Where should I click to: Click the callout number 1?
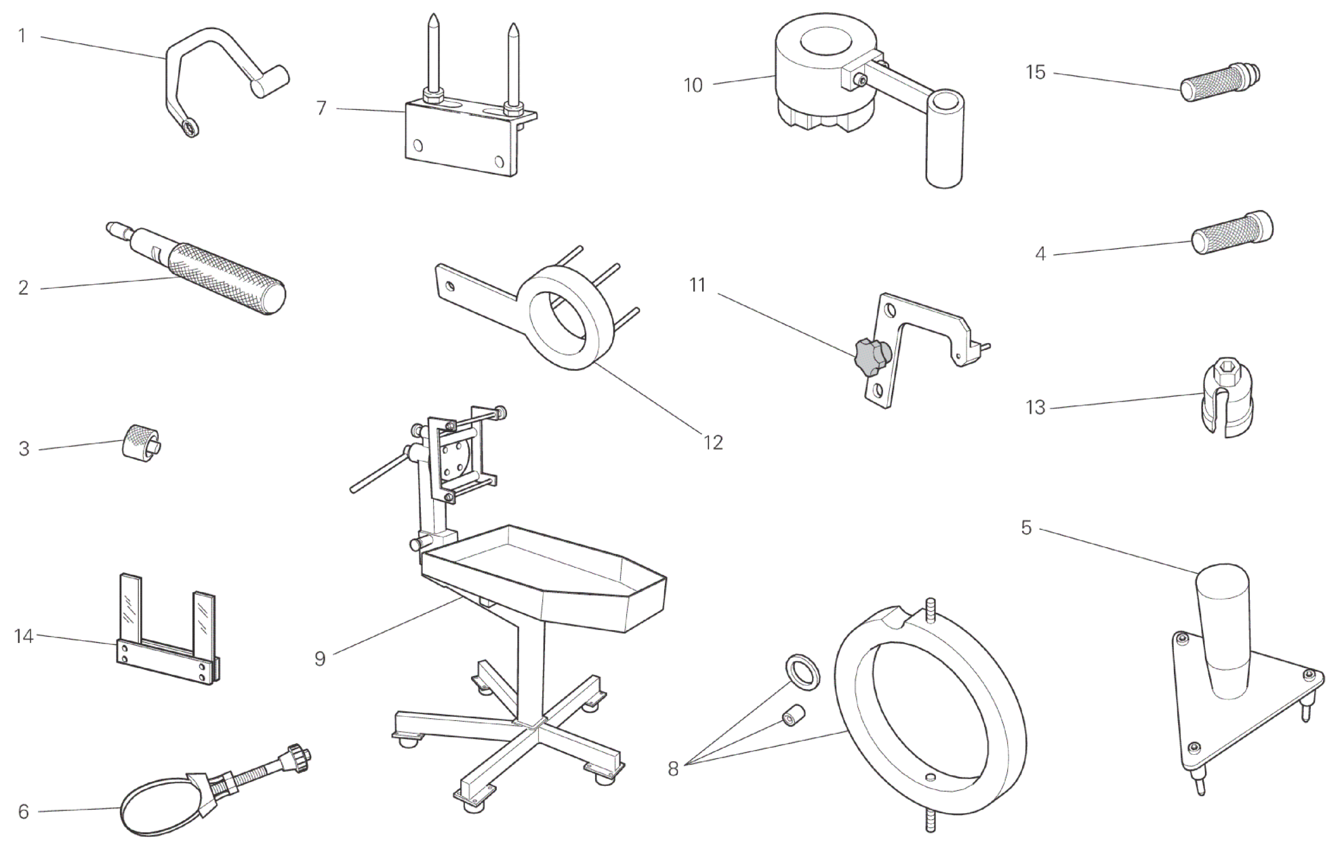[22, 35]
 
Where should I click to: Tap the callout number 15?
[1035, 72]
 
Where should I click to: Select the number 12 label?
[713, 442]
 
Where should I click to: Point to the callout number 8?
[673, 768]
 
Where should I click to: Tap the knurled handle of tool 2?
[227, 279]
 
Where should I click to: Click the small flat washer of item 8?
[803, 671]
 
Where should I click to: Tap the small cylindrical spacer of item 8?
[793, 715]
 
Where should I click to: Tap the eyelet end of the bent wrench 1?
[189, 127]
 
